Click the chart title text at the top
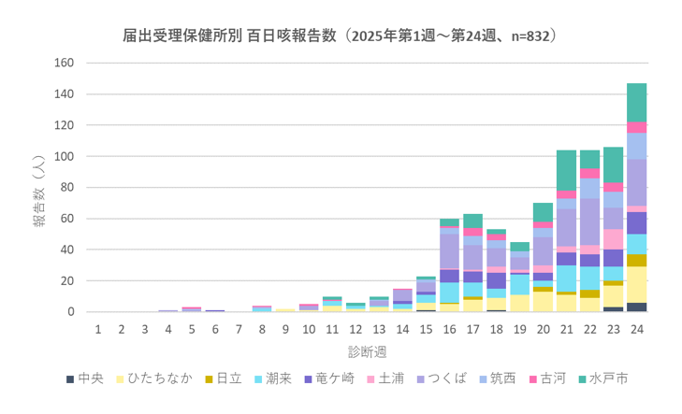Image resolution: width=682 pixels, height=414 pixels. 341,36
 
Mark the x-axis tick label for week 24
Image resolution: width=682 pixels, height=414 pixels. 637,329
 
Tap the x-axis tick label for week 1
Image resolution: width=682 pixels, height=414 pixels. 98,329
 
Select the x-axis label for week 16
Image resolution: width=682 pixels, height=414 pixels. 449,329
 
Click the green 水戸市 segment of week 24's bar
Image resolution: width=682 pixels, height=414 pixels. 637,103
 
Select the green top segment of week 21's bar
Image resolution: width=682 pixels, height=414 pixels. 566,170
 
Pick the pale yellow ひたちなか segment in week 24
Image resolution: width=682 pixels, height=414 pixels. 637,284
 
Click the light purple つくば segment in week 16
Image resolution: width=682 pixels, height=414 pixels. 449,250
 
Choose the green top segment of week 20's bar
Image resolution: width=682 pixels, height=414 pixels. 543,212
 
